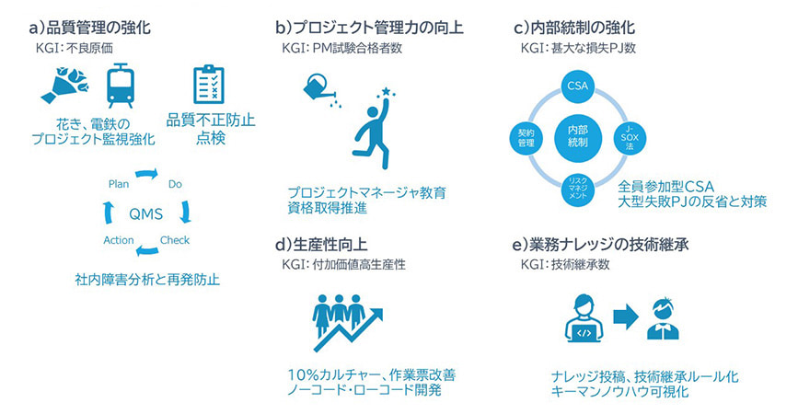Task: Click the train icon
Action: pos(120,86)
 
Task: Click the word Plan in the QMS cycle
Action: pos(119,184)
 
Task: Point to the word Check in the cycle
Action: pos(175,241)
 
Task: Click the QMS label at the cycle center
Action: pos(145,213)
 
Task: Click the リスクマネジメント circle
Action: pos(576,190)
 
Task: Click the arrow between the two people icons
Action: pos(627,316)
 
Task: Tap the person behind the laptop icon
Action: pos(584,318)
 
